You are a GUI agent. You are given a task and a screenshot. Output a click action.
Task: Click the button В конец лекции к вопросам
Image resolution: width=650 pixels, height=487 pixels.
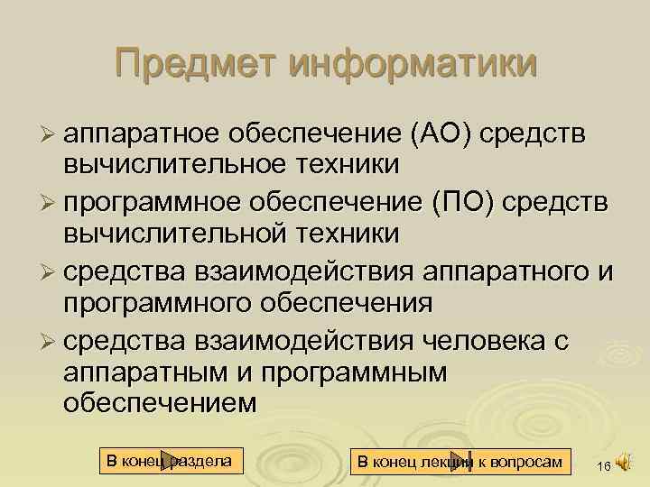[x=460, y=462]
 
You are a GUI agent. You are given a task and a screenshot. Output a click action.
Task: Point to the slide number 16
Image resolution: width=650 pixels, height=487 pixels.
[x=603, y=464]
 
